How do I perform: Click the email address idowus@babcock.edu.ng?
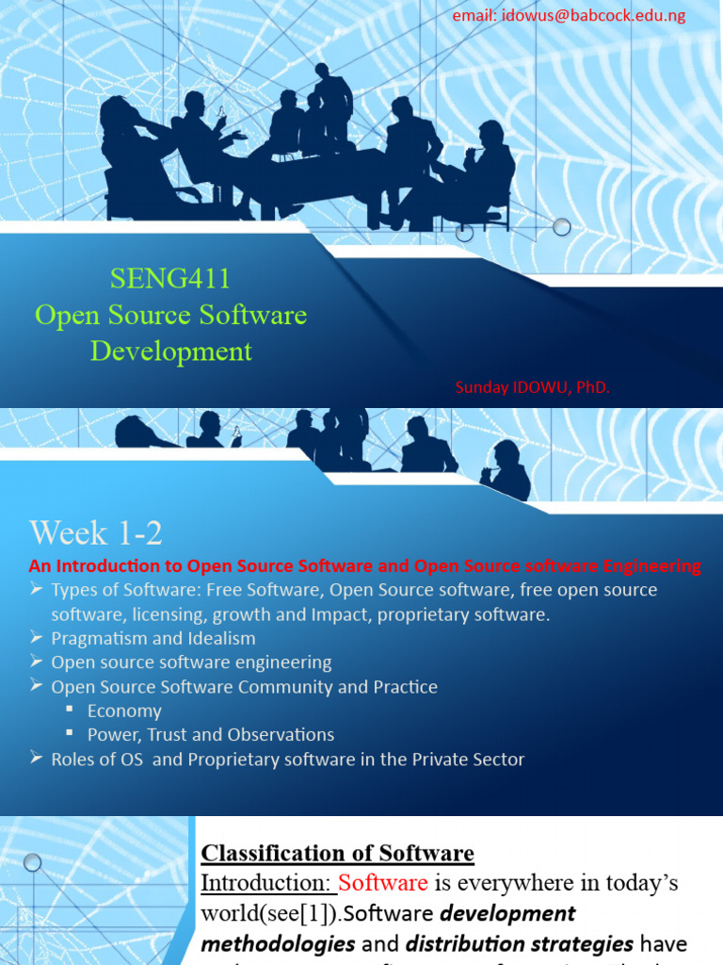tap(569, 15)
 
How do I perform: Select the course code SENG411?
tap(170, 278)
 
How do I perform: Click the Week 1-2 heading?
tap(96, 533)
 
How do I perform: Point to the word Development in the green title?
tap(171, 352)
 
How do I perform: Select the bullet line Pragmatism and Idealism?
tap(153, 638)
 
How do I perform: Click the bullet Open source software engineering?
tap(191, 662)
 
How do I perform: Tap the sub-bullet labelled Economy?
tap(124, 711)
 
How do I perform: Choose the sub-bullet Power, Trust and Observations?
tap(211, 734)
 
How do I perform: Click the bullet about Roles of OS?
tap(287, 759)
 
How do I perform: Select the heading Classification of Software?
tap(337, 854)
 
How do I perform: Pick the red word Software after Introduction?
tap(383, 883)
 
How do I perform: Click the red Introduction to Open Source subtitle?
tap(364, 566)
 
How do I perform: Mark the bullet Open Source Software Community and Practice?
tap(244, 687)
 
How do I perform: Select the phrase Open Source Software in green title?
tap(170, 315)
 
